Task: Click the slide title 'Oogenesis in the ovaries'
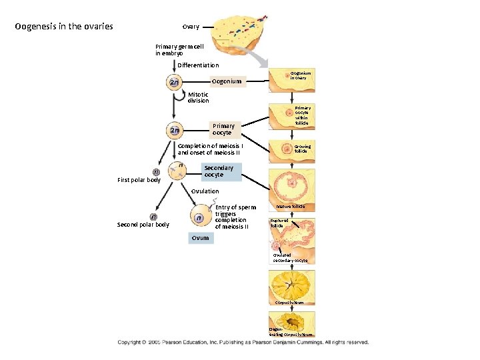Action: coord(64,27)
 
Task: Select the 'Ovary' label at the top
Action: coord(191,27)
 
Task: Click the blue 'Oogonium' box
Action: coord(227,81)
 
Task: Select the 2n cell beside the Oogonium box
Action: coord(174,83)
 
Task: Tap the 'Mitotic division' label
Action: coord(198,97)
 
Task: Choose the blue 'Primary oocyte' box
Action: coord(223,129)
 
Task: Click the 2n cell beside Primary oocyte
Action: coord(174,129)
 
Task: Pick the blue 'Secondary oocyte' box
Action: coord(219,171)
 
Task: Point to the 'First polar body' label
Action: coord(139,180)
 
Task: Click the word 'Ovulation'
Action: coord(205,191)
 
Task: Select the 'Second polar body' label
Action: coord(143,225)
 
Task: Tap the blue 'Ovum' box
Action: coord(200,238)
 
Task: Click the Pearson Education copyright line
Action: coord(243,342)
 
